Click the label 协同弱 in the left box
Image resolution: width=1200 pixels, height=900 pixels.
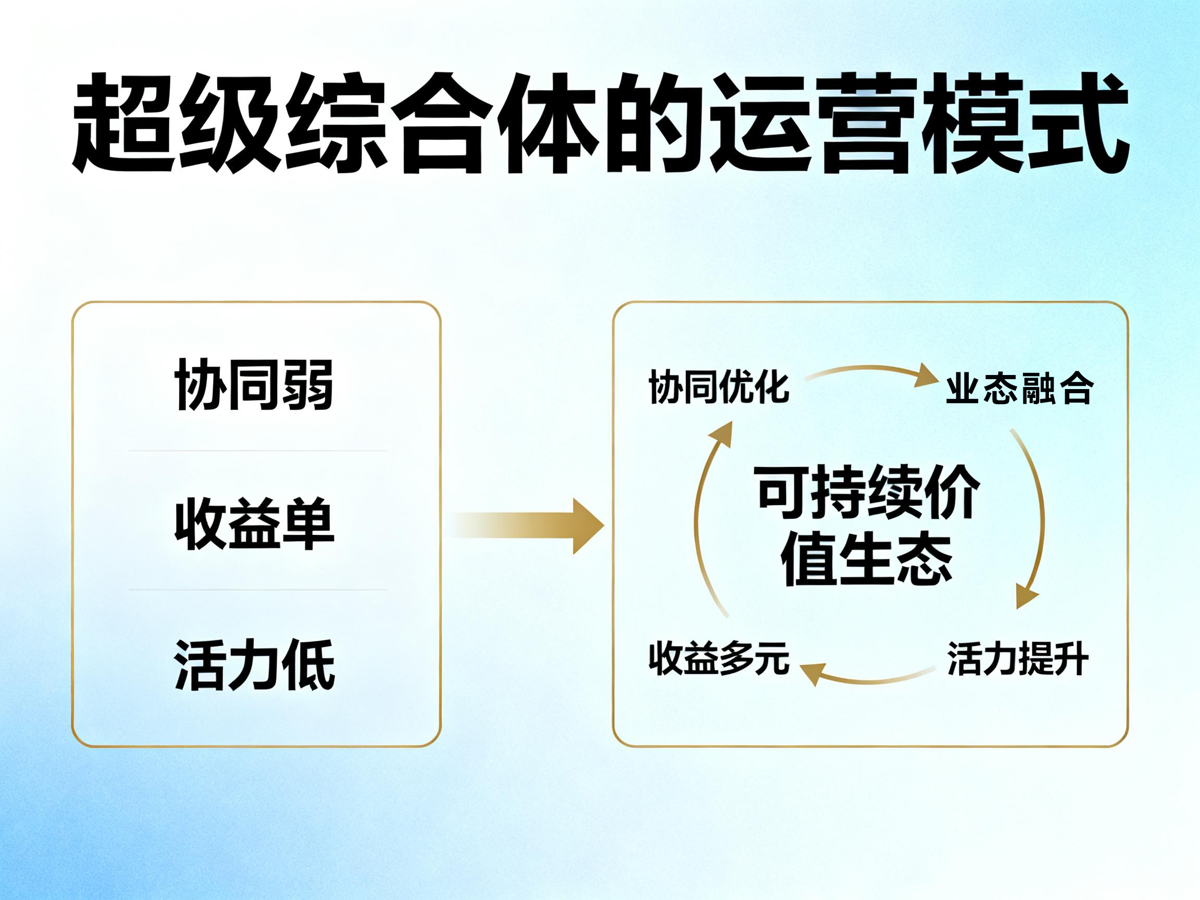(x=254, y=384)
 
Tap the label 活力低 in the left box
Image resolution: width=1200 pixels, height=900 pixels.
(x=254, y=664)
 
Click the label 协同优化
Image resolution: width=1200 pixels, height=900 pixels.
(x=718, y=387)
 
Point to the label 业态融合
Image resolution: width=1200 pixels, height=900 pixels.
(x=1019, y=389)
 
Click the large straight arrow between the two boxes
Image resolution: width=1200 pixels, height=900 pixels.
(x=525, y=526)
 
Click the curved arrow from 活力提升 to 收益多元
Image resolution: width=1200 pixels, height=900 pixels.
(x=868, y=681)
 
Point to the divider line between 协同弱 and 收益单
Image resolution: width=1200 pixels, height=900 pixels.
(x=258, y=451)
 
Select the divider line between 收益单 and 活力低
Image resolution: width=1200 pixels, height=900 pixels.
(x=258, y=589)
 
